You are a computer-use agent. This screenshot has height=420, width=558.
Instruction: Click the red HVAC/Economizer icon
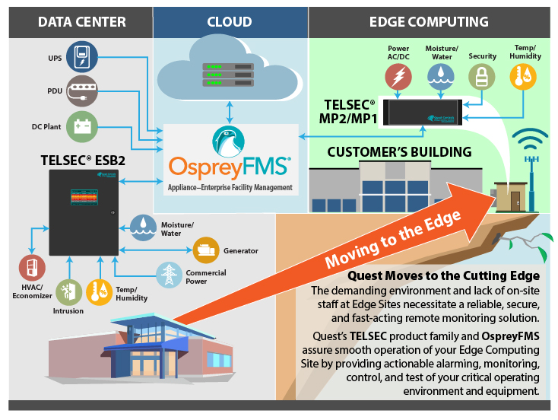[x=32, y=269]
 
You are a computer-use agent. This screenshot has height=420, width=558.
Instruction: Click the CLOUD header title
[x=230, y=22]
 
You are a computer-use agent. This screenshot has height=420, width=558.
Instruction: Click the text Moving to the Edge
[x=394, y=237]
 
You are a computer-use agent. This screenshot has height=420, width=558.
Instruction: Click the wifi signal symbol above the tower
[x=529, y=143]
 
